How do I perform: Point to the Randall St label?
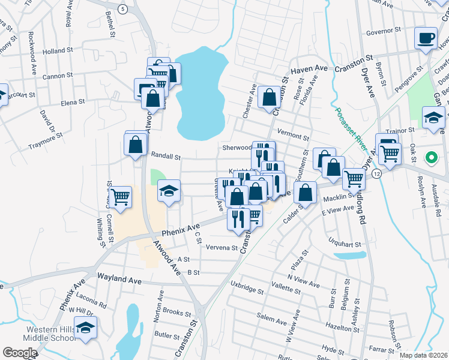(166, 157)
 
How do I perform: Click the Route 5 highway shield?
(122, 9)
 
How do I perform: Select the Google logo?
(19, 352)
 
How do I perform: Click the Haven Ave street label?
(310, 70)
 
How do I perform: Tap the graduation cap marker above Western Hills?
(86, 328)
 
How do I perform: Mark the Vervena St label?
(222, 248)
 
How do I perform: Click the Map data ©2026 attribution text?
(423, 355)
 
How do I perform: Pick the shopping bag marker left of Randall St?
(136, 145)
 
